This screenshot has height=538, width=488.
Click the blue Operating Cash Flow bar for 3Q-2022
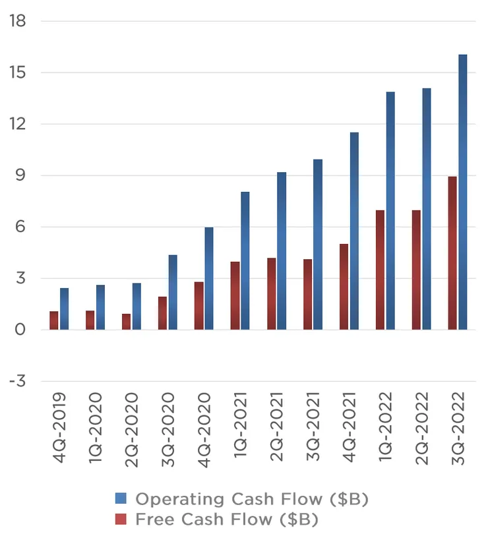tap(463, 192)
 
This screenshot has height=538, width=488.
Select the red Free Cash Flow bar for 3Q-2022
tap(452, 253)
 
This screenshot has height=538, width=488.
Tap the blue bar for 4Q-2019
tap(64, 309)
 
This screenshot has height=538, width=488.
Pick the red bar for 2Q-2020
tap(126, 322)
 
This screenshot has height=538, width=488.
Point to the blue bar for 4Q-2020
tap(209, 278)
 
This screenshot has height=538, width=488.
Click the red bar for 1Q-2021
tap(235, 295)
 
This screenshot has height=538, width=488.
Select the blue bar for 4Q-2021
tap(354, 231)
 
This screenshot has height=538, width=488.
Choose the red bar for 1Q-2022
tap(380, 270)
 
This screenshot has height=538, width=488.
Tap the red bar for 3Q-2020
tap(162, 313)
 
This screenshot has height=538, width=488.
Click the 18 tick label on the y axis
tap(18, 21)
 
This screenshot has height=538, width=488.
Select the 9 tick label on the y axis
tap(22, 175)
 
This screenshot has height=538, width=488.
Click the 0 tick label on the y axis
tap(22, 330)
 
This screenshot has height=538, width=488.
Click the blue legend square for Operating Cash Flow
tap(120, 498)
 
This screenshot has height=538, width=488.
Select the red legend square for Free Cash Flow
tap(120, 520)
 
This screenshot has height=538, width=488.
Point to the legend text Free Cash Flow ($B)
tap(227, 520)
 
